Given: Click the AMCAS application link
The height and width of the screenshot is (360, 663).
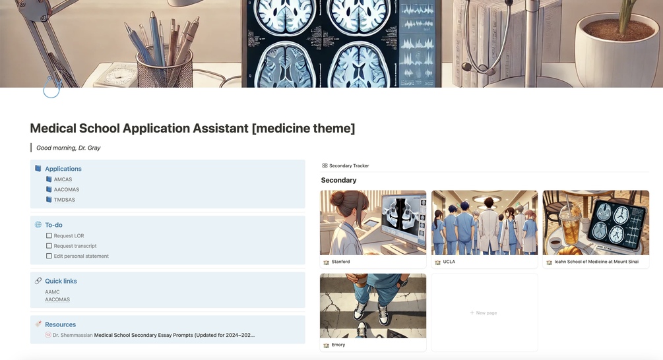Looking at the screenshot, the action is pyautogui.click(x=63, y=179).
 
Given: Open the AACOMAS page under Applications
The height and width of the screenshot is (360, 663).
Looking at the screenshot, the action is pyautogui.click(x=67, y=189).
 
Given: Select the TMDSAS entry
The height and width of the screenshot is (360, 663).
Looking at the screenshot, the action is pyautogui.click(x=64, y=199).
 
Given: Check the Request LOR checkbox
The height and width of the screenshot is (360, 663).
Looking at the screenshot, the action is pyautogui.click(x=49, y=236).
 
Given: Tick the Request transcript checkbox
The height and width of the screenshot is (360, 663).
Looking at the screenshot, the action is pyautogui.click(x=49, y=246).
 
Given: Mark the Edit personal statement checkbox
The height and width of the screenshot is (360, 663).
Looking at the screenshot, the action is pyautogui.click(x=49, y=256).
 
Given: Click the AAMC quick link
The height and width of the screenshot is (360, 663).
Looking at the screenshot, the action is pyautogui.click(x=52, y=292).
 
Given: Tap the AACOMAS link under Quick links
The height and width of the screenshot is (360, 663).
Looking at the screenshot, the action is pyautogui.click(x=57, y=299).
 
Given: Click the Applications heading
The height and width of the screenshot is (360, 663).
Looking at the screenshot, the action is pyautogui.click(x=63, y=169).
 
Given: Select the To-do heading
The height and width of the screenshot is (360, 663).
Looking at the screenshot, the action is pyautogui.click(x=53, y=225).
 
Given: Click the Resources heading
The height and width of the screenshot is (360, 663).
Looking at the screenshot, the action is pyautogui.click(x=61, y=324).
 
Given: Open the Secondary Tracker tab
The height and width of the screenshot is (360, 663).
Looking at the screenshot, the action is pyautogui.click(x=346, y=165).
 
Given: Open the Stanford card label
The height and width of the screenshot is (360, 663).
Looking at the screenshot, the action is pyautogui.click(x=340, y=262).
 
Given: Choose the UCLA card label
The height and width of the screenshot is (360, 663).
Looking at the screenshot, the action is pyautogui.click(x=449, y=262).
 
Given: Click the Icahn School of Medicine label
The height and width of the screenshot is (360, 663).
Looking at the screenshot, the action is pyautogui.click(x=596, y=262).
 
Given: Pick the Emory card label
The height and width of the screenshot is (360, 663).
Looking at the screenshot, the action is pyautogui.click(x=338, y=345).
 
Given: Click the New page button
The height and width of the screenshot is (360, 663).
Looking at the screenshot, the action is pyautogui.click(x=484, y=313).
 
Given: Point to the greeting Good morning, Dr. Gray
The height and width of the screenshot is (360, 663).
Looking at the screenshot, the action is pyautogui.click(x=69, y=148).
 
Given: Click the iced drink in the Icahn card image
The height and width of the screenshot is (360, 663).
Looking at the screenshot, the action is pyautogui.click(x=571, y=227).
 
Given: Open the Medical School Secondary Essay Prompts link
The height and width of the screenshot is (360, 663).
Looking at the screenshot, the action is pyautogui.click(x=174, y=335).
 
